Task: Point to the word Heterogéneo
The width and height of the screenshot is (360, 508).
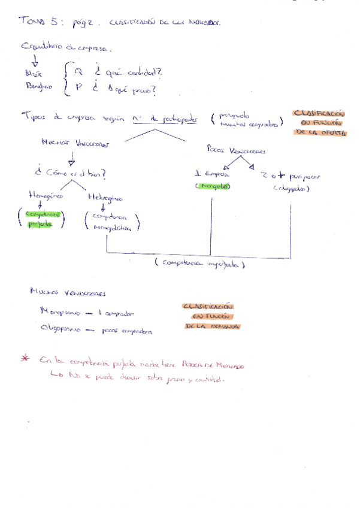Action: pos(105,196)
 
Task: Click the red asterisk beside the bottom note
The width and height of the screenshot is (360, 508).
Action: pos(25,358)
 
